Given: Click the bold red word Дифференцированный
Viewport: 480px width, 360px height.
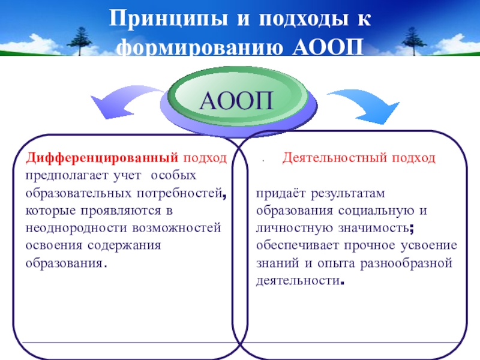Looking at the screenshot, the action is coord(101,158).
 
